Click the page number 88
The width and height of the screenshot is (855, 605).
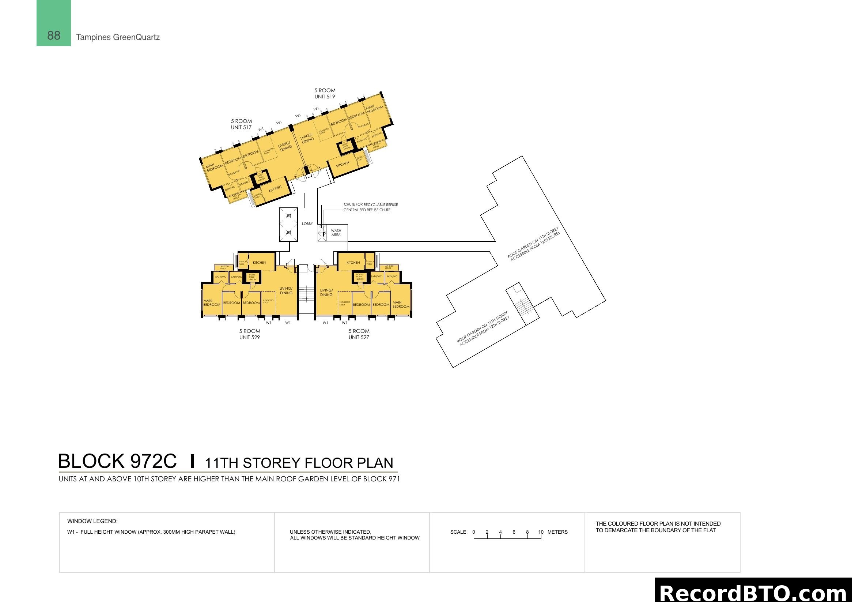tap(54, 36)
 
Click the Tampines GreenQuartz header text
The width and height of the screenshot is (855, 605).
tap(118, 37)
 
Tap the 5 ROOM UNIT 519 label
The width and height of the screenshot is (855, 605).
tap(325, 94)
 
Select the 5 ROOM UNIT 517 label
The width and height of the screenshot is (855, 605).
tap(241, 124)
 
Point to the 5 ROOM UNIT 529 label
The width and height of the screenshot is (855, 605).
tap(250, 334)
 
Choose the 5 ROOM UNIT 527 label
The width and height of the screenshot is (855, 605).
tap(359, 334)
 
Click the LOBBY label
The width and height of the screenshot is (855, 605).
tap(307, 224)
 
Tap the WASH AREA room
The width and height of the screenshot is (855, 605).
tap(336, 233)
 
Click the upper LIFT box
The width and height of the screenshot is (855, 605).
tap(288, 216)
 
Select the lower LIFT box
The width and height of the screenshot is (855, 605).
tap(288, 233)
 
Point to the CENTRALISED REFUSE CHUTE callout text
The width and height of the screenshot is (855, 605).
tap(367, 210)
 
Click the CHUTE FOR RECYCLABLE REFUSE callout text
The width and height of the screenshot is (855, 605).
tap(371, 204)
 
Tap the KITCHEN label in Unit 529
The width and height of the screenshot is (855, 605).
tap(260, 263)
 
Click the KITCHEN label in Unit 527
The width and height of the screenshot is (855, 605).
tap(353, 263)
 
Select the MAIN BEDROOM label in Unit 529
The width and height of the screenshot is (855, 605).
tap(212, 302)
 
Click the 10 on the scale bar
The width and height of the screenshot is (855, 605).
tap(541, 532)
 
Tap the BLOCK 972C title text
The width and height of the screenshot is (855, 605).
tap(117, 461)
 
